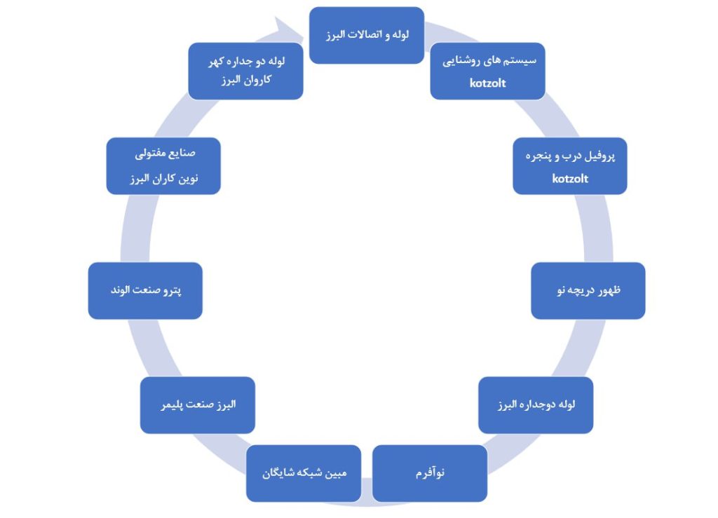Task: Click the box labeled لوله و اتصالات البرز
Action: tap(366, 35)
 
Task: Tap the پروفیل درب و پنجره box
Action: tap(569, 166)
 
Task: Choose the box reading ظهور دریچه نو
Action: tap(588, 290)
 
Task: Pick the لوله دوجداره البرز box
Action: tap(536, 404)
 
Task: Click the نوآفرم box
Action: tap(429, 473)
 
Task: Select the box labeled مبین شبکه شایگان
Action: tap(304, 473)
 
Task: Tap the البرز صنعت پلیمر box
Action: tap(198, 404)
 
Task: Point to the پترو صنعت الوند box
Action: tap(145, 290)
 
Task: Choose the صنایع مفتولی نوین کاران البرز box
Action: tap(163, 166)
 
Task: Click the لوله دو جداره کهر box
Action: tap(245, 71)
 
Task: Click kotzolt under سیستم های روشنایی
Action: tap(488, 83)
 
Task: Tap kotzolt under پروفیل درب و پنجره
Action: tap(570, 179)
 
